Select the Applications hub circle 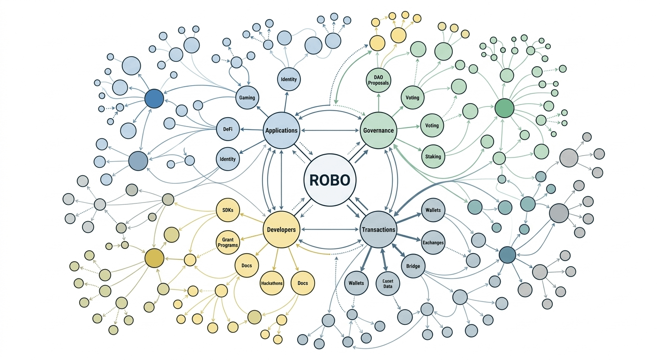coord(281,130)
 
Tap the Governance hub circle coord(378,130)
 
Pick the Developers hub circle coord(281,230)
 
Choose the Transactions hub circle coord(378,230)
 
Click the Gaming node coord(247,97)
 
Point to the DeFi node coord(228,128)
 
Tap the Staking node coord(433,156)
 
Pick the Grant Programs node coord(228,242)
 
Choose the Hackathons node coord(272,284)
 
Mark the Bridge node coord(413,266)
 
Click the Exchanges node coord(433,243)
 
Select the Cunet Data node coord(388,284)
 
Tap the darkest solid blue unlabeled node coord(154,99)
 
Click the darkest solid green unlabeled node coord(504,108)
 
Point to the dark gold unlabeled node coord(154,258)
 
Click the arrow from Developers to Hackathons coord(277,259)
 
